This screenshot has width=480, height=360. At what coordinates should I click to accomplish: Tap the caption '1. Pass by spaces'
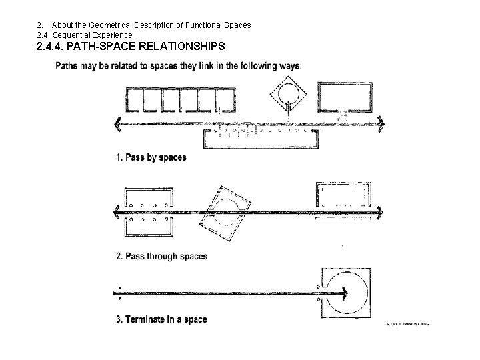151,158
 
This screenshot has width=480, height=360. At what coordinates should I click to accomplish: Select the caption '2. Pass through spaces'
161,256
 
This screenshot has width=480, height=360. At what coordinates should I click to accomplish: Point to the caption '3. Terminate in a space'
161,319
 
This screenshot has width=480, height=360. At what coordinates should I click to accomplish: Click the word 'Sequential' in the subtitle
76,35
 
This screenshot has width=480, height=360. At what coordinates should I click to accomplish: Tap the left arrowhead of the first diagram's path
119,123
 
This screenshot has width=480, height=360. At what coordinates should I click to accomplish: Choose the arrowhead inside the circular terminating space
345,292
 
